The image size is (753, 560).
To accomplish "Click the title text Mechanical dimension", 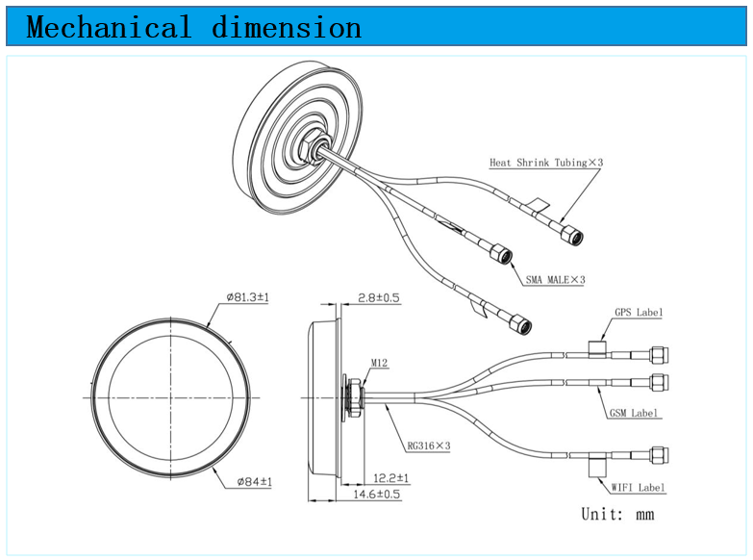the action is click(193, 27).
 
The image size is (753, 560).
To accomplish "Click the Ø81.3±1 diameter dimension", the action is click(248, 297).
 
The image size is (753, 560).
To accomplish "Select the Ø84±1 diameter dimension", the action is click(255, 481).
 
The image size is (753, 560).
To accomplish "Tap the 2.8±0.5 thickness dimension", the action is click(378, 298).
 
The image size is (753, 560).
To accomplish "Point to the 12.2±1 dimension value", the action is click(390, 478).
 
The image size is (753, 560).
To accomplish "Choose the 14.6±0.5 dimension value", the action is click(377, 495).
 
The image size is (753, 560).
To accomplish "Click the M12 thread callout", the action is click(379, 363).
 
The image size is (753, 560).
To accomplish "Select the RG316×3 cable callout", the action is click(429, 446).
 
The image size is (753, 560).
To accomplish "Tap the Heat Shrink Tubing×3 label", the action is click(546, 163).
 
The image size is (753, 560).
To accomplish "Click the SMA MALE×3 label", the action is click(555, 280).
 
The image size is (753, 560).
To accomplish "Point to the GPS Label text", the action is click(639, 313).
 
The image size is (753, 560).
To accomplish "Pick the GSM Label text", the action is click(634, 413).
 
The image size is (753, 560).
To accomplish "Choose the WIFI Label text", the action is click(639, 488).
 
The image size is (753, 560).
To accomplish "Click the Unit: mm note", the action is click(617, 514).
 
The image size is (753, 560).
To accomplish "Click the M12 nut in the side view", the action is click(355, 397).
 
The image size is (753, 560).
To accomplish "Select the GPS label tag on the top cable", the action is click(597, 349).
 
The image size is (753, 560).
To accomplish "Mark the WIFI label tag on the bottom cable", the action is click(597, 464).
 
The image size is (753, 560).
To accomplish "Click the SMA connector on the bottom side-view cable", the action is click(659, 455).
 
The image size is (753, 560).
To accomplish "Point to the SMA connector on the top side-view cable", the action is click(659, 355).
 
